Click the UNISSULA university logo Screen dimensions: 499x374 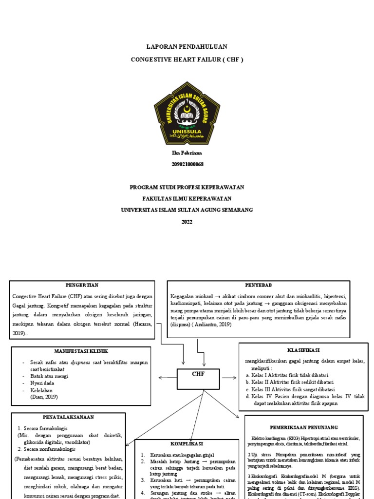click(187, 113)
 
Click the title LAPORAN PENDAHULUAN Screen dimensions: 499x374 click(187, 47)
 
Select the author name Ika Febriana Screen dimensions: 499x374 click(187, 154)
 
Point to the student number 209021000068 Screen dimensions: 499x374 click(187, 164)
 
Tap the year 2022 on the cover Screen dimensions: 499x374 click(187, 222)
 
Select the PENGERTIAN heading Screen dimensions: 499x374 click(82, 285)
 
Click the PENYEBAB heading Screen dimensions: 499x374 click(259, 285)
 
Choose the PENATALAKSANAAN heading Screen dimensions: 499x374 click(68, 417)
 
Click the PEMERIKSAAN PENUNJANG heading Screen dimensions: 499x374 click(304, 427)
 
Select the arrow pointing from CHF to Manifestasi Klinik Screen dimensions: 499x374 click(168, 377)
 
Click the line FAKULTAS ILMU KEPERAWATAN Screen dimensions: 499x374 click(187, 199)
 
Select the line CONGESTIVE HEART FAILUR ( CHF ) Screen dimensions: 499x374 click(187, 59)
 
